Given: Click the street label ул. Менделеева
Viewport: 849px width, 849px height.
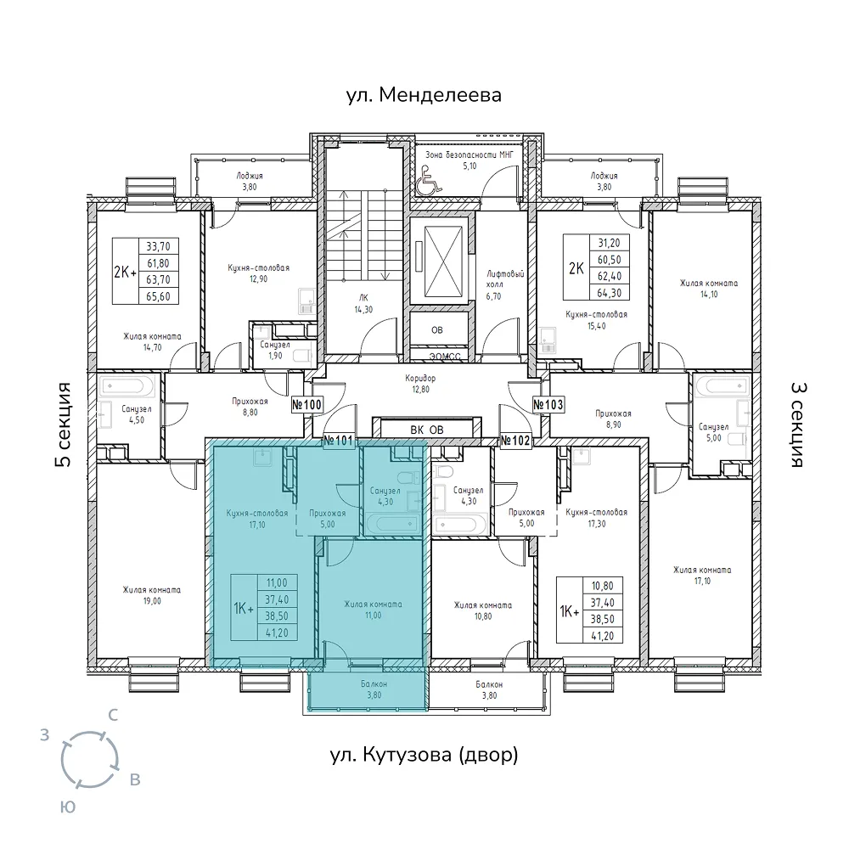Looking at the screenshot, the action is (x=424, y=95).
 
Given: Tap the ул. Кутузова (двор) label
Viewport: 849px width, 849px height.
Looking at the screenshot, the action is (x=424, y=754).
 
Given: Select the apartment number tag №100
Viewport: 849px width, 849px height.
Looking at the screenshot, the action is (x=307, y=404).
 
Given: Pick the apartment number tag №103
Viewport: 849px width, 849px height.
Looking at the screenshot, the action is (x=548, y=404).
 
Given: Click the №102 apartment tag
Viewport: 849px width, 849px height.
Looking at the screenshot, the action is (x=515, y=441).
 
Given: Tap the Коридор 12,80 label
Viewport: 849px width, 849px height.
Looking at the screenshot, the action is (x=420, y=384).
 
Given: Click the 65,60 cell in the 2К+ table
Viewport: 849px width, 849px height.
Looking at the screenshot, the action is (x=158, y=296).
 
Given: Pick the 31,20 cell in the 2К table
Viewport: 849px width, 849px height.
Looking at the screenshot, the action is (x=609, y=243).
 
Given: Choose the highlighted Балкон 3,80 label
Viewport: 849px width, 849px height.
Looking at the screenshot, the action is (x=374, y=689).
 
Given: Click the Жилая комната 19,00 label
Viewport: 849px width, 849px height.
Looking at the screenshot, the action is (x=152, y=595).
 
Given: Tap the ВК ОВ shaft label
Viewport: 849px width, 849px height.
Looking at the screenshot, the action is (x=427, y=430).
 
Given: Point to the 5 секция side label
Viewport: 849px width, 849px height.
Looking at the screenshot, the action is (x=64, y=424).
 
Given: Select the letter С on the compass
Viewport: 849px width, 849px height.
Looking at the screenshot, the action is (x=113, y=715).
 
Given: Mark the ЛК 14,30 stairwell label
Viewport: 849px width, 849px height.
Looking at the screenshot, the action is (x=363, y=304).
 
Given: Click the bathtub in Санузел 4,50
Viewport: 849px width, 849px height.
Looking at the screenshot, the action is (x=127, y=386).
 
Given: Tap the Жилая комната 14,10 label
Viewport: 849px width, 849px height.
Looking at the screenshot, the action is (x=709, y=289).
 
